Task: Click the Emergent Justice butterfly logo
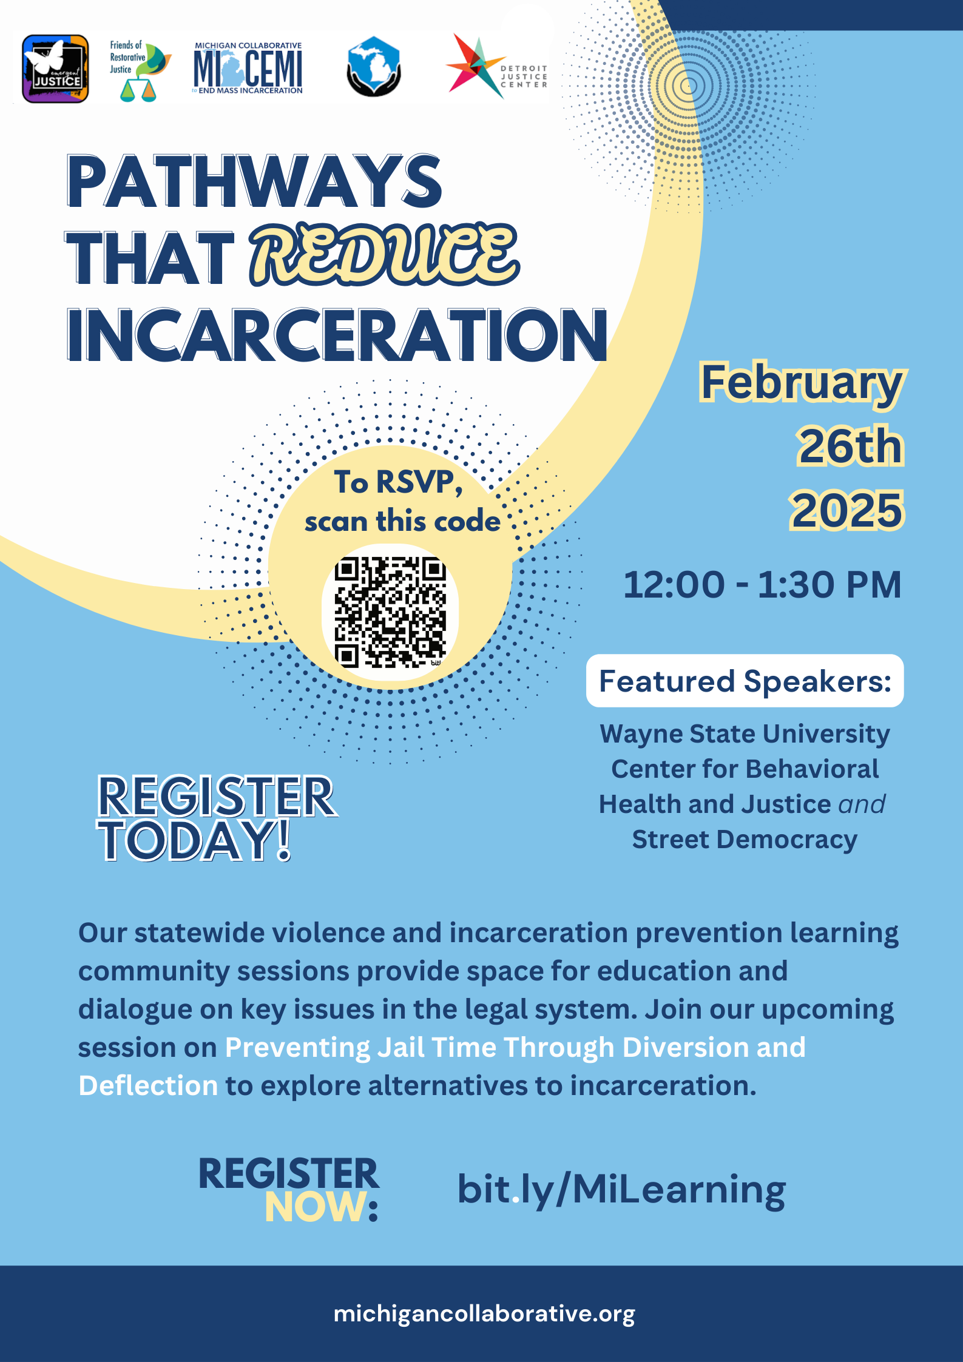tap(55, 69)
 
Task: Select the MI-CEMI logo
tap(248, 69)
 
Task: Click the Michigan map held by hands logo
tap(374, 67)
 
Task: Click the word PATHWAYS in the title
tap(254, 181)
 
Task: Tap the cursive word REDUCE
tap(385, 255)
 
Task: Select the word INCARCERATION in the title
tap(337, 335)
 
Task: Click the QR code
tap(390, 612)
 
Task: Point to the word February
tap(802, 383)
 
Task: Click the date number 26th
tap(850, 446)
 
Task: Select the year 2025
tap(846, 510)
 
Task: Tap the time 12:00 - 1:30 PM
tap(762, 584)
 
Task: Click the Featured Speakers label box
tap(745, 681)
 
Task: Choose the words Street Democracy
tap(745, 840)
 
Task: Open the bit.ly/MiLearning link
tap(621, 1190)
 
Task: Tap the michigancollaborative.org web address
tap(484, 1313)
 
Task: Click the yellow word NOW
tap(316, 1207)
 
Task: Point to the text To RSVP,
tap(399, 482)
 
